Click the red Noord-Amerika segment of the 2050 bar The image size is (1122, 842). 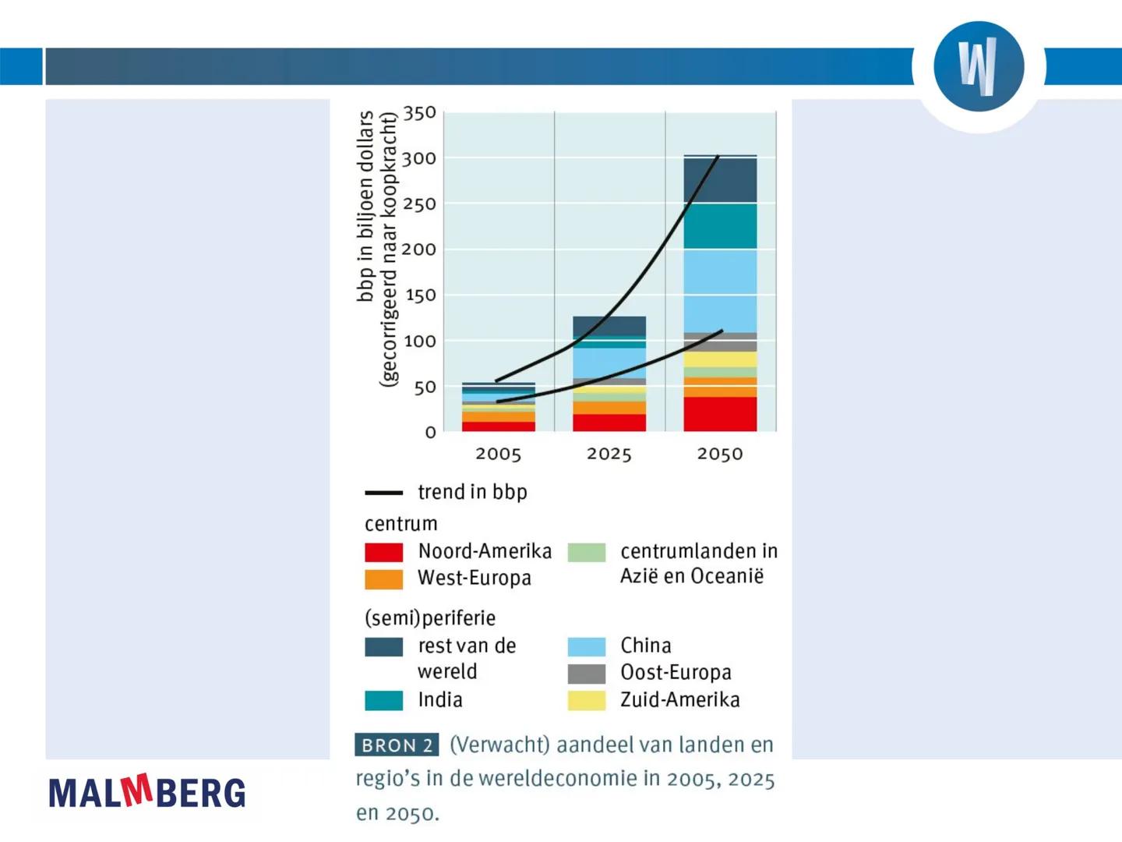click(720, 414)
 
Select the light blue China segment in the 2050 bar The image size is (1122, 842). click(720, 290)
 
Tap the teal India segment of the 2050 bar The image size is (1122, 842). click(720, 226)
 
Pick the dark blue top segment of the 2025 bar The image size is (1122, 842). click(609, 325)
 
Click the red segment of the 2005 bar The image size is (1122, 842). click(499, 426)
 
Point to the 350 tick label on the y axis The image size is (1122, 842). click(419, 113)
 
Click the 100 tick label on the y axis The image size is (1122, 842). click(419, 341)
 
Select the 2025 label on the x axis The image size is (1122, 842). click(609, 454)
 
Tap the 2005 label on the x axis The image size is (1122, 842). click(499, 454)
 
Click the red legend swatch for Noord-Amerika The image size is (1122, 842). click(384, 552)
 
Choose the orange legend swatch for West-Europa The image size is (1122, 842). click(384, 579)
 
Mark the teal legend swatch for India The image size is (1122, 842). click(384, 700)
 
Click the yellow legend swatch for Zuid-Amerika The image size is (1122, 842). click(587, 700)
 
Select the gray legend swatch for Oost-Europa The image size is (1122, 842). click(587, 673)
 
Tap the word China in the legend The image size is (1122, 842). click(646, 646)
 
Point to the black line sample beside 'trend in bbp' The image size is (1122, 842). click(384, 493)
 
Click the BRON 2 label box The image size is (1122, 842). click(397, 745)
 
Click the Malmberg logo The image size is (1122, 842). click(147, 791)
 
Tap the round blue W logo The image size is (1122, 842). click(979, 67)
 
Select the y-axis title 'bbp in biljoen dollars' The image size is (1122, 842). click(365, 207)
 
